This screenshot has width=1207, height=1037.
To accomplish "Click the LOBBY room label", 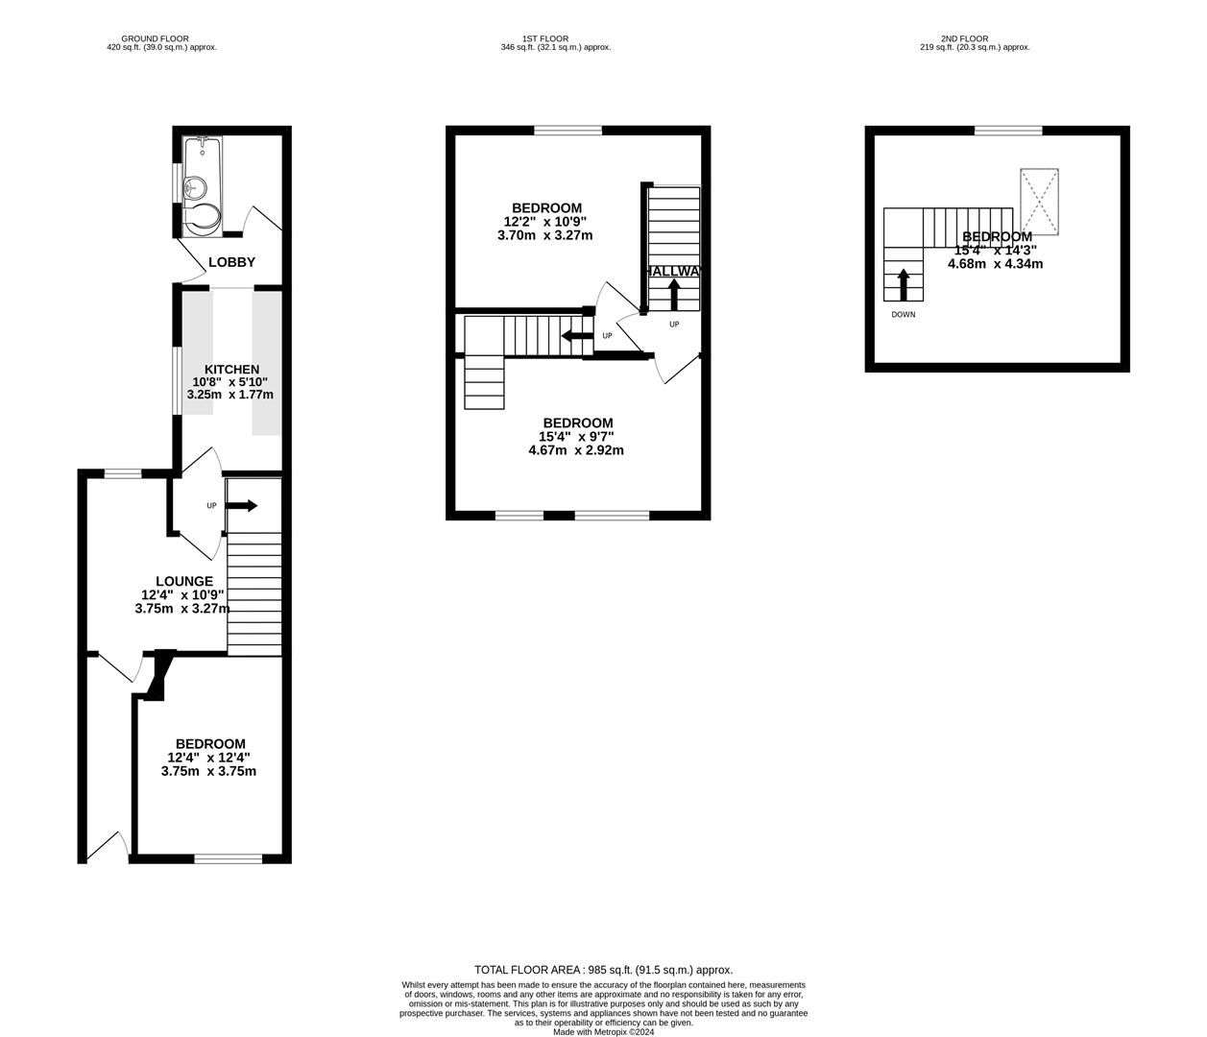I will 231,262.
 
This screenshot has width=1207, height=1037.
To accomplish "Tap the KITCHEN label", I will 231,370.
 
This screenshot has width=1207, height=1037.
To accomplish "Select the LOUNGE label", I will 184,581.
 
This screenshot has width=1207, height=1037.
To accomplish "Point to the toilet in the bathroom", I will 202,219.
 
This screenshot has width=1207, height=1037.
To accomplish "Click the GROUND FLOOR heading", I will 161,39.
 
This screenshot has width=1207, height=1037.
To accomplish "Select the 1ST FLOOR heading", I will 555,39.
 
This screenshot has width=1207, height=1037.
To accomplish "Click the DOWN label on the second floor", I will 903,314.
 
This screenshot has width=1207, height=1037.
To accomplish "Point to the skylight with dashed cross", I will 1039,201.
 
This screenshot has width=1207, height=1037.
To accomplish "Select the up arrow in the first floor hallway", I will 673,293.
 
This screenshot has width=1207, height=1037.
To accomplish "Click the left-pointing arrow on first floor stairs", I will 576,336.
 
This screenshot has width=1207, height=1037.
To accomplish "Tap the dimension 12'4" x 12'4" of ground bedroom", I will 210,758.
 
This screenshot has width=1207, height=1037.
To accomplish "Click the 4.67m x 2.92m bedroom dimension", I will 576,449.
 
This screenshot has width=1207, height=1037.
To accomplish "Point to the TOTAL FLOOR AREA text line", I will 603,970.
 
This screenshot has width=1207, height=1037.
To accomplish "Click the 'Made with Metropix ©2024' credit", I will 603,1032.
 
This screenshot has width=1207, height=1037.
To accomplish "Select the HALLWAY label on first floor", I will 674,272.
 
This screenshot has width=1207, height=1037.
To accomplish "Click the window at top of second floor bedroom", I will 1008,131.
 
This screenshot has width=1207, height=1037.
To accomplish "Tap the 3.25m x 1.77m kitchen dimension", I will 230,394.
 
